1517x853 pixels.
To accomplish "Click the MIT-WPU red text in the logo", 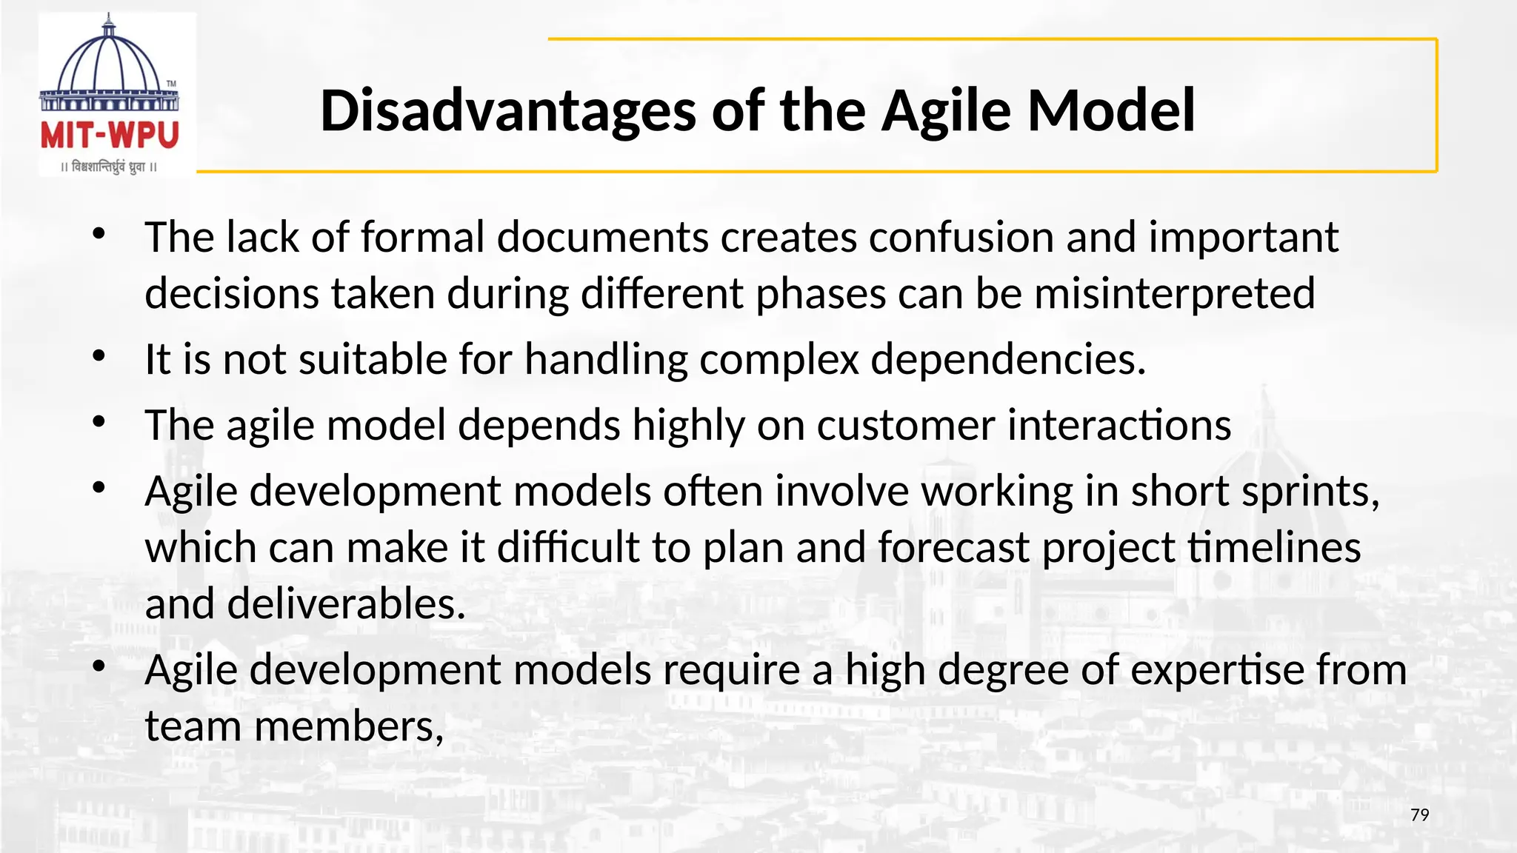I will coord(110,136).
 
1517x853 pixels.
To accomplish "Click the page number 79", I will coord(1419,815).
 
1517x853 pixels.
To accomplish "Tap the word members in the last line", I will coord(348,726).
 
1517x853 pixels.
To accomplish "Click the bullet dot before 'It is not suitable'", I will coord(99,357).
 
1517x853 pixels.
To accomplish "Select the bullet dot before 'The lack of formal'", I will coord(99,235).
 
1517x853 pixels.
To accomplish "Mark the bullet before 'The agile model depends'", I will coord(99,423).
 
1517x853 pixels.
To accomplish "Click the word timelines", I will coord(1274,548).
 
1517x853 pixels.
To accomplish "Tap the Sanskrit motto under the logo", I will coord(110,167).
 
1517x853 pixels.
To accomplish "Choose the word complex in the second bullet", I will coord(778,360).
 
